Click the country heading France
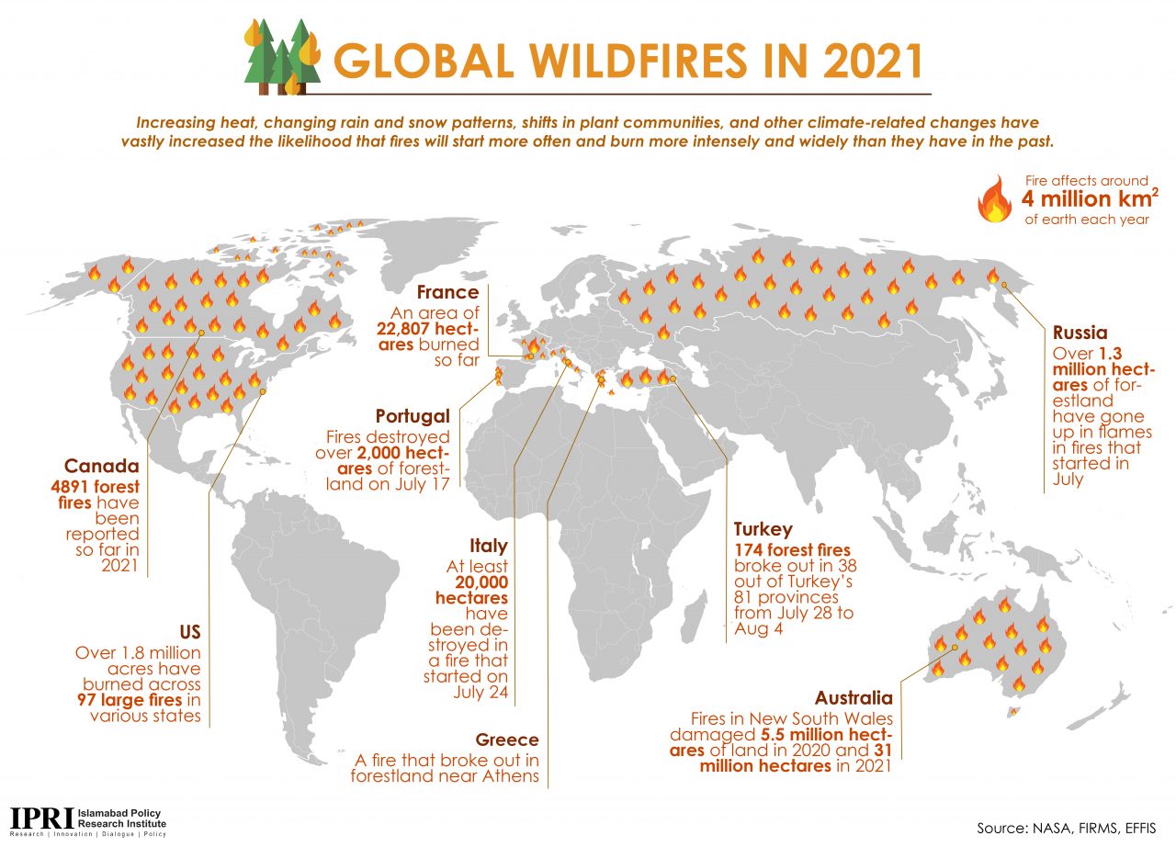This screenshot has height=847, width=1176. (447, 292)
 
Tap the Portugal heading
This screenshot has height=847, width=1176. (413, 416)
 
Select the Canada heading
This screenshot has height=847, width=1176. (102, 466)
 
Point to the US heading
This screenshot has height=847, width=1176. (190, 632)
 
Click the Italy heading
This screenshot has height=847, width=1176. (489, 546)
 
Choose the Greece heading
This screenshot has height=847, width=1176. (507, 740)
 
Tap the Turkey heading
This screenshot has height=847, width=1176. (763, 529)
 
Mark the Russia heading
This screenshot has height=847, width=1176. (1080, 333)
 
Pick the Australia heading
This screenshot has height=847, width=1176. (854, 698)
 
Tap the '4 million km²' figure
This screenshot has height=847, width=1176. (1090, 199)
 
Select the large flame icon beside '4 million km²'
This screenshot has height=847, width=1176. (994, 199)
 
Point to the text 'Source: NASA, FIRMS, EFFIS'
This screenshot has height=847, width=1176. (1067, 829)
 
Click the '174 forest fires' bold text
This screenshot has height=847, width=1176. (792, 550)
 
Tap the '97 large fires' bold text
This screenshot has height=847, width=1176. (130, 700)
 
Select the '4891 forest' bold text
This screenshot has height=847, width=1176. (95, 487)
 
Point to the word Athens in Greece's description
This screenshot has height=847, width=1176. (511, 776)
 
